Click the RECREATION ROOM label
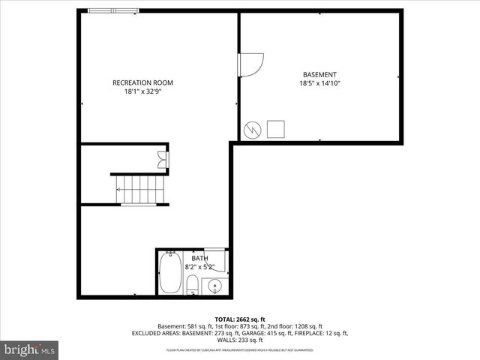pos(142,82)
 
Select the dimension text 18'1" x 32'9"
pos(142,91)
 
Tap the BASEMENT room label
pos(319,74)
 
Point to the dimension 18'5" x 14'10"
pos(319,83)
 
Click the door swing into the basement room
pos(250,64)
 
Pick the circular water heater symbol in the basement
pos(253,129)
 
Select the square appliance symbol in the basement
pos(275,129)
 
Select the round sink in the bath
pos(213,286)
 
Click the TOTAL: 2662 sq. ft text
pos(240,319)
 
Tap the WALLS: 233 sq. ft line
pos(240,340)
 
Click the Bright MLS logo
pos(30,349)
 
